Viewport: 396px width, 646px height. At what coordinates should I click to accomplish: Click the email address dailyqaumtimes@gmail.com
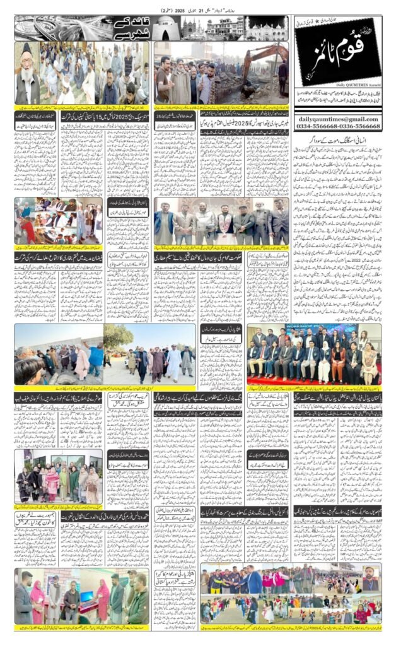[x=337, y=119]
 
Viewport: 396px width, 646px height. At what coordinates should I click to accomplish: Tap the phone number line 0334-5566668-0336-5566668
[x=337, y=126]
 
